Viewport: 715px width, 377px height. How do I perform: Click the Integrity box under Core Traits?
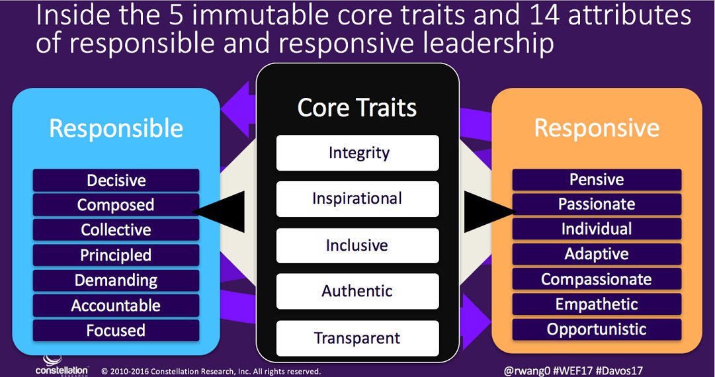357,153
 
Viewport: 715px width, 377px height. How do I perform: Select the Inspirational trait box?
357,199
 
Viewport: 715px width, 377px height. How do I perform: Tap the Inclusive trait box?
357,245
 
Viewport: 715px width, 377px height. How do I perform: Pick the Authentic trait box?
357,291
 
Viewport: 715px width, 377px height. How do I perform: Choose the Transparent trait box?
357,338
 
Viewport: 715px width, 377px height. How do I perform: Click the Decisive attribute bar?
116,181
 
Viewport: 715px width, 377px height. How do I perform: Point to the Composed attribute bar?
116,205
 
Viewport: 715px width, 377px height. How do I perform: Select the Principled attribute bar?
116,255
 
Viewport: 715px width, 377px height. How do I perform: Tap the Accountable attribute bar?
116,306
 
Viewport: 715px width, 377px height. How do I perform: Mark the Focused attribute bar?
116,330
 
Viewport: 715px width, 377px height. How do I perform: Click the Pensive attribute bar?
597,180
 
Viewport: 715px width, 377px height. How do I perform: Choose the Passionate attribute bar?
597,204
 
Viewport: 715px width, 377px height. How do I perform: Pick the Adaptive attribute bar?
597,254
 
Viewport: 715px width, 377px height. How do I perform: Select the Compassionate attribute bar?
597,279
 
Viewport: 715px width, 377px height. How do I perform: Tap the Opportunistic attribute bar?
597,329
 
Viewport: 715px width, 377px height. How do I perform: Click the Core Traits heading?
357,108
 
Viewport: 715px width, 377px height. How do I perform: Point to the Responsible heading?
116,128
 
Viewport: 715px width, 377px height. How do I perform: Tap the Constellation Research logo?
60,366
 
